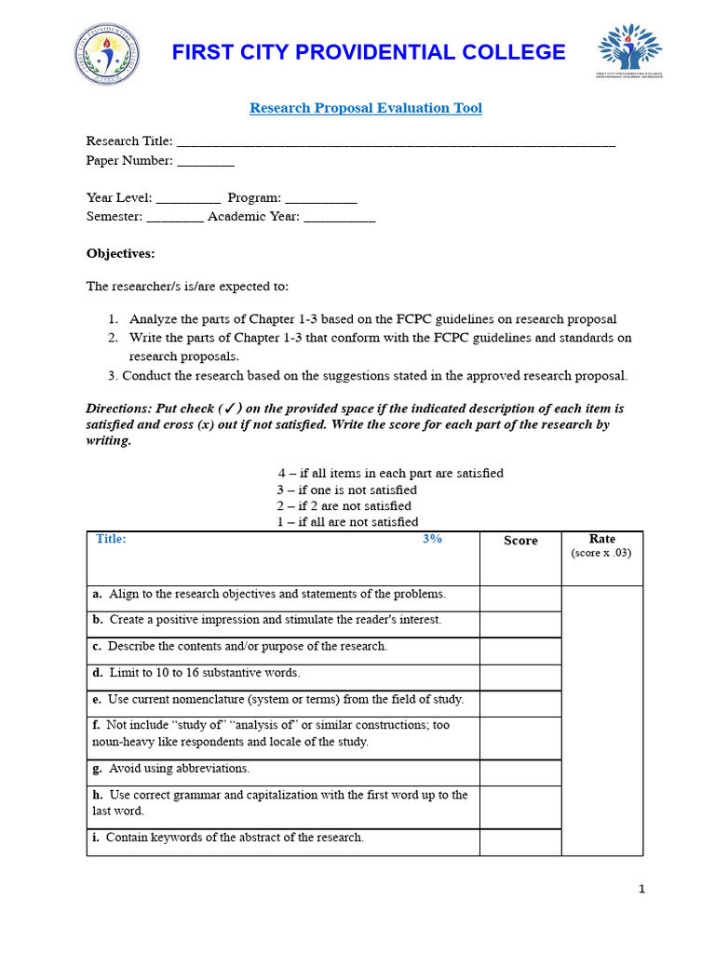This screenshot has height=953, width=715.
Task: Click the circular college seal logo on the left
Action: (109, 54)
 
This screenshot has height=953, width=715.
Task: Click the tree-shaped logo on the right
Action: (629, 51)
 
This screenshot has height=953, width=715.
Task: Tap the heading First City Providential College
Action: (368, 52)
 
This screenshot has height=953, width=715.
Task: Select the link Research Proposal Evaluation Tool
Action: (365, 108)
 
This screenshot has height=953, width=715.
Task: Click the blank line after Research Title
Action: (396, 142)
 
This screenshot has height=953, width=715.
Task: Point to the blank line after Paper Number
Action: (206, 161)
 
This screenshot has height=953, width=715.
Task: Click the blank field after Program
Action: (320, 198)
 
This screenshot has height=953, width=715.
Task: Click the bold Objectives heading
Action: (121, 253)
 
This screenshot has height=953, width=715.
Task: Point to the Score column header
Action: (520, 541)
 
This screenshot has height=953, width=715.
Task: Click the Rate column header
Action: (601, 539)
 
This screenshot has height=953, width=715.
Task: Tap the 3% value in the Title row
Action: (432, 539)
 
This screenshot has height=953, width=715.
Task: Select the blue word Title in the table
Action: (111, 539)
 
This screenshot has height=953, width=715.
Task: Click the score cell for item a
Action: (520, 598)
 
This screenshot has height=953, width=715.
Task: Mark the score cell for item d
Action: (520, 677)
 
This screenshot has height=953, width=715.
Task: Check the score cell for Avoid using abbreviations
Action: (520, 772)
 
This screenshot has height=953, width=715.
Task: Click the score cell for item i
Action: (520, 842)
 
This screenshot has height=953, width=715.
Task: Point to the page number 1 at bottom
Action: (641, 889)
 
